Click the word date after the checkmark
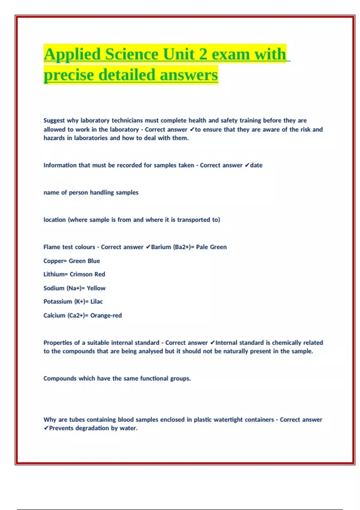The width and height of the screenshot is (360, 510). [256, 165]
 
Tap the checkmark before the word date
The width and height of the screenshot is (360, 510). [247, 165]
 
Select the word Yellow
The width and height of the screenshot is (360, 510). [96, 288]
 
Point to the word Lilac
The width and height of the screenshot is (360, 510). [97, 301]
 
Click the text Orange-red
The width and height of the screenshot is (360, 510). [106, 316]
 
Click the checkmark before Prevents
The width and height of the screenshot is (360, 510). [46, 428]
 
